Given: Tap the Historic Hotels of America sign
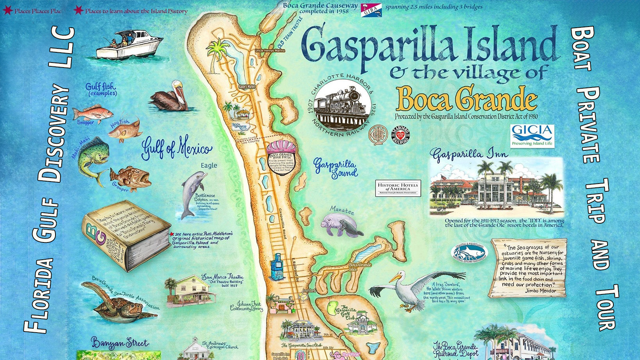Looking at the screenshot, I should pyautogui.click(x=398, y=188).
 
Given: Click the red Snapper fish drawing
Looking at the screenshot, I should pyautogui.click(x=92, y=113).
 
